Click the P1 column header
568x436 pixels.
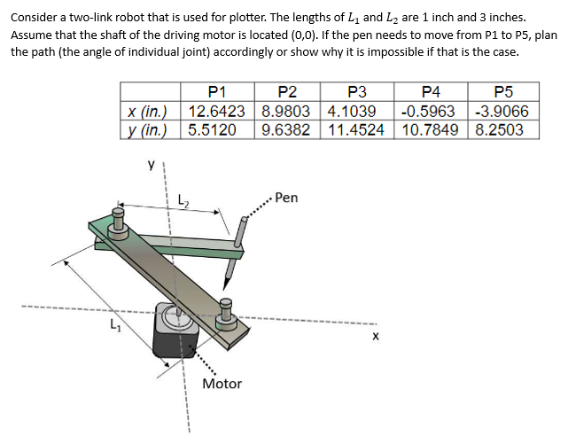[217, 92]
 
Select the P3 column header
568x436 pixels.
[358, 92]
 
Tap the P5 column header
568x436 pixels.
[502, 92]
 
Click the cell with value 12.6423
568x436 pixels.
[217, 111]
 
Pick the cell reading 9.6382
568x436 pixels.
[288, 129]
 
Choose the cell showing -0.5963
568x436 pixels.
[429, 111]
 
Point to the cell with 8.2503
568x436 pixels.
[499, 129]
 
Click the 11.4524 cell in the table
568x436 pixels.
[358, 129]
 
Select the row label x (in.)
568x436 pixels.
[150, 111]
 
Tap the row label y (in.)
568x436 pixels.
[150, 129]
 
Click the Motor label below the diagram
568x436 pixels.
[222, 384]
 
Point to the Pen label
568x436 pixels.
[286, 198]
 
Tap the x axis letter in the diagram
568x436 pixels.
[376, 337]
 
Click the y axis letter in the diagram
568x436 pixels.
[151, 164]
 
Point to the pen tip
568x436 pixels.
[227, 282]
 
